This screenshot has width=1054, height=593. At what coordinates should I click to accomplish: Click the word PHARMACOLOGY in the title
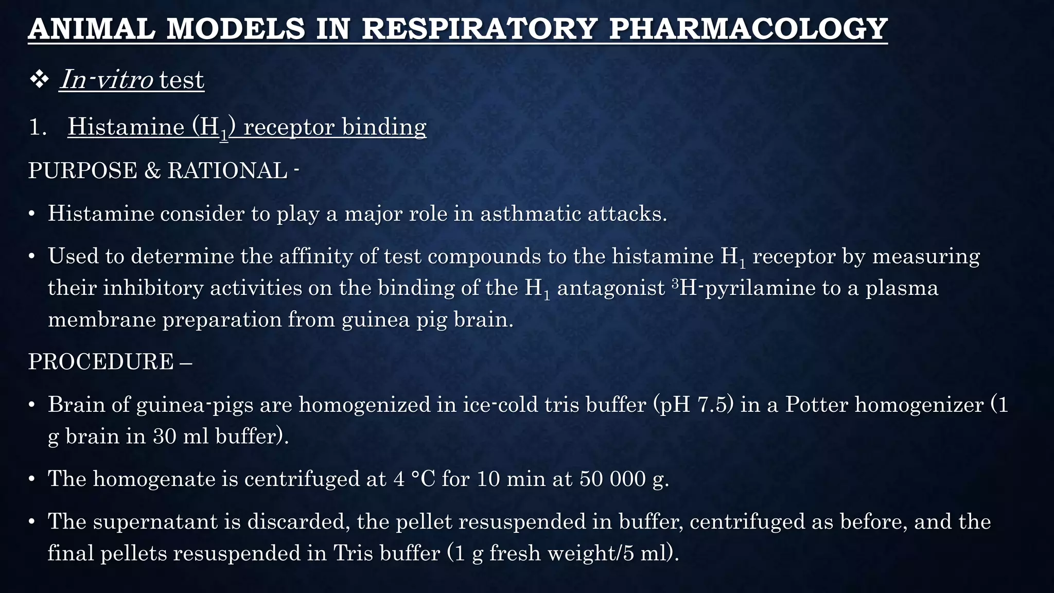point(748,29)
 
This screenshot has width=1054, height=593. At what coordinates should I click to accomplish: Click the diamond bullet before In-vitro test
point(39,80)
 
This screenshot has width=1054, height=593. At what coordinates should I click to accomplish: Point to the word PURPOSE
point(82,170)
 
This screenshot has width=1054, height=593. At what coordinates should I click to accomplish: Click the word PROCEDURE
point(101,362)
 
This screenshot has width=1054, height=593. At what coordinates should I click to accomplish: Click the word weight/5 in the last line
point(591,553)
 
